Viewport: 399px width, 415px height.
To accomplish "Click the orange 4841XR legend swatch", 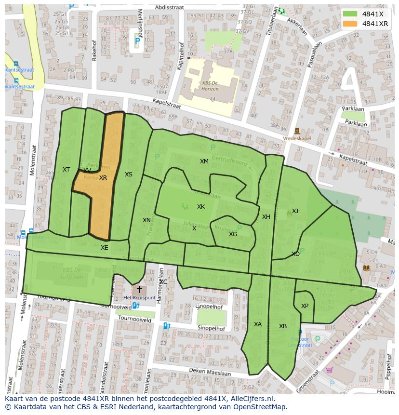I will (x=350, y=24).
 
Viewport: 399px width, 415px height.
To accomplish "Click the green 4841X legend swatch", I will (x=350, y=14).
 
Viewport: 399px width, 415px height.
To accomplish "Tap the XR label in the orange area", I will (x=103, y=178).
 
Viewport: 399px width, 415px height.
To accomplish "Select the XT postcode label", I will (x=66, y=170).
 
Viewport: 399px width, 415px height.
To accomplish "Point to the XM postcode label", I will (x=204, y=161).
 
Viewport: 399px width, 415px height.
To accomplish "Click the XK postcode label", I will (x=201, y=207).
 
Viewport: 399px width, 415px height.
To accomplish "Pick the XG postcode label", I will (x=233, y=234).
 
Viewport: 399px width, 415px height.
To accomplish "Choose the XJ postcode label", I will (x=295, y=211).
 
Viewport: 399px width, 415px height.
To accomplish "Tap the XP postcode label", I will (x=305, y=306).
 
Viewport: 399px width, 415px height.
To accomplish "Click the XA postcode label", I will (x=258, y=324).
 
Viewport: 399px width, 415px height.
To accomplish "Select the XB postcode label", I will (x=283, y=326).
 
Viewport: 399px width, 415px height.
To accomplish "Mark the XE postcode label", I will (x=104, y=248).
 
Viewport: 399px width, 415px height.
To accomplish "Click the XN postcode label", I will (x=146, y=220).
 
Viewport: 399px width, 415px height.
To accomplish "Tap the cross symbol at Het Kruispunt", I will (x=140, y=289).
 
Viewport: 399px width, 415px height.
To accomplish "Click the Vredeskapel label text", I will (x=297, y=137).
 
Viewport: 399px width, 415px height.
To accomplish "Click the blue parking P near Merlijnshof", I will (x=137, y=42).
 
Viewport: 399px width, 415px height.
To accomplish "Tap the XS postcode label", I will (x=128, y=174).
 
